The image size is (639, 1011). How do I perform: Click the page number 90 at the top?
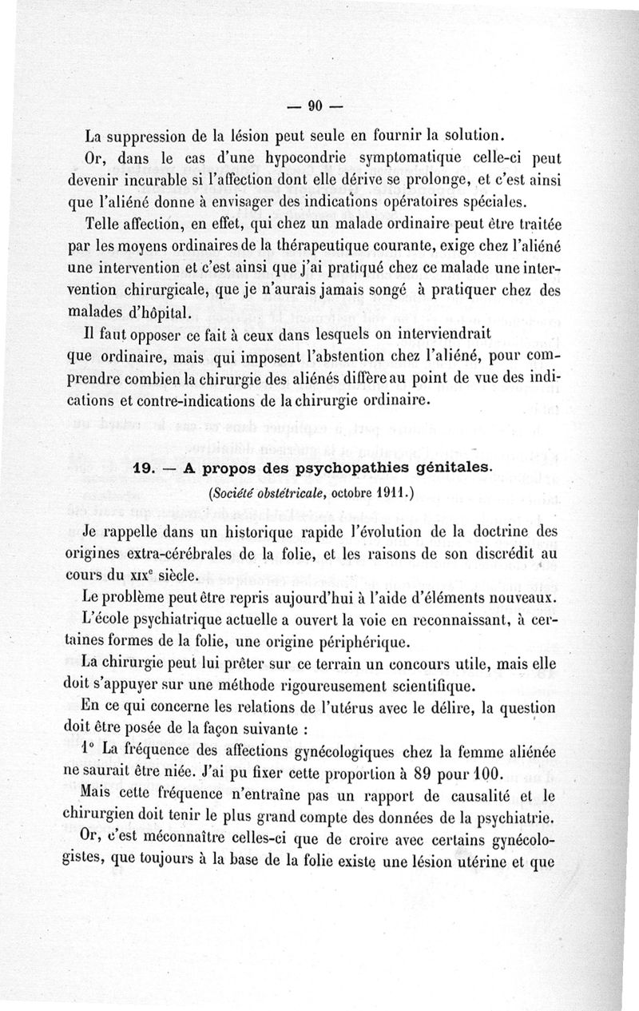click(313, 106)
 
